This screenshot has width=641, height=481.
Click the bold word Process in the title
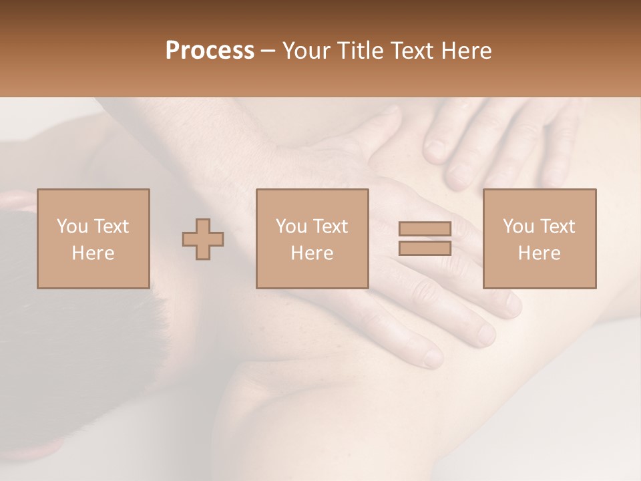coord(210,51)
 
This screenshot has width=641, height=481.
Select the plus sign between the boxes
coord(203,238)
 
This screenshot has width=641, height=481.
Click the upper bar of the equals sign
coord(425,228)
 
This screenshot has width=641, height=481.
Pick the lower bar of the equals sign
coord(425,248)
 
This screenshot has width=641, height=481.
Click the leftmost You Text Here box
coord(93,238)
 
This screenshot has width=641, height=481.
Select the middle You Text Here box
coord(312,238)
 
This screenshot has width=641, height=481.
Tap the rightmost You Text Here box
coord(540,238)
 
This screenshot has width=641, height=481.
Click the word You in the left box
coord(72,226)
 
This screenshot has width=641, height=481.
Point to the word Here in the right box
coord(539,253)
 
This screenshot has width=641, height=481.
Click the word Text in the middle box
coord(330,226)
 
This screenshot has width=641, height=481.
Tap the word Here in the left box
coord(93,253)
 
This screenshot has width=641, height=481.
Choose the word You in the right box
coord(518,226)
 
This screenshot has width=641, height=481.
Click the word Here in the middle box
coord(312,253)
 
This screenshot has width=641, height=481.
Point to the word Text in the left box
coord(111,226)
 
